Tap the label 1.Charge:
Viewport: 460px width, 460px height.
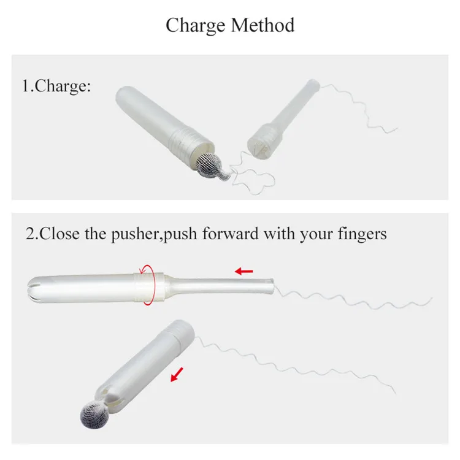(56, 85)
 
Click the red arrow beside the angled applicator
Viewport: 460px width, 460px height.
(178, 375)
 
